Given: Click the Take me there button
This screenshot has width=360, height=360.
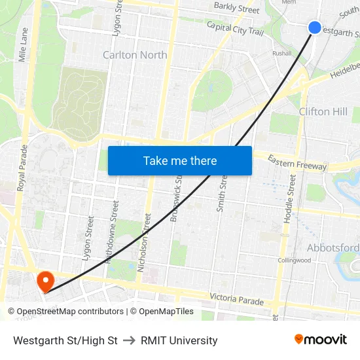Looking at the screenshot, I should pyautogui.click(x=180, y=160).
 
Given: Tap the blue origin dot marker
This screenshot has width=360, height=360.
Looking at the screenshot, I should pyautogui.click(x=315, y=27).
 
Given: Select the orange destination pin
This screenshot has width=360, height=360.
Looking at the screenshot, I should pyautogui.click(x=45, y=282).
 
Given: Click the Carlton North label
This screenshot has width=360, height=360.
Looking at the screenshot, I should pyautogui.click(x=135, y=55).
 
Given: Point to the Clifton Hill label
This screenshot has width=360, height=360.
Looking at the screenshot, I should pyautogui.click(x=323, y=112).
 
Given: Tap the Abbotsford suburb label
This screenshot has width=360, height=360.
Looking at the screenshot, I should pyautogui.click(x=333, y=248).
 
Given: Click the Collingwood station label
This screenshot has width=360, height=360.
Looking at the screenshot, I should pyautogui.click(x=294, y=261).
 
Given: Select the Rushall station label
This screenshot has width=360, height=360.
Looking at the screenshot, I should pyautogui.click(x=282, y=54).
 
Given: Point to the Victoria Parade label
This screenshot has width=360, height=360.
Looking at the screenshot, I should pyautogui.click(x=236, y=300).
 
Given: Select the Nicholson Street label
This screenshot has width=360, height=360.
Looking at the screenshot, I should pyautogui.click(x=147, y=232).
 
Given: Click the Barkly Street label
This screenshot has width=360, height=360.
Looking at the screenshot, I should pyautogui.click(x=237, y=9).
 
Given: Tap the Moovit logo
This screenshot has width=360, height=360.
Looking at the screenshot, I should pyautogui.click(x=321, y=340).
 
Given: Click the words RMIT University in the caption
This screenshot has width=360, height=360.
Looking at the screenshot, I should pyautogui.click(x=179, y=340).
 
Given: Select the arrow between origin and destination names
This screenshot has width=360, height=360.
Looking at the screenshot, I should pyautogui.click(x=129, y=340).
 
